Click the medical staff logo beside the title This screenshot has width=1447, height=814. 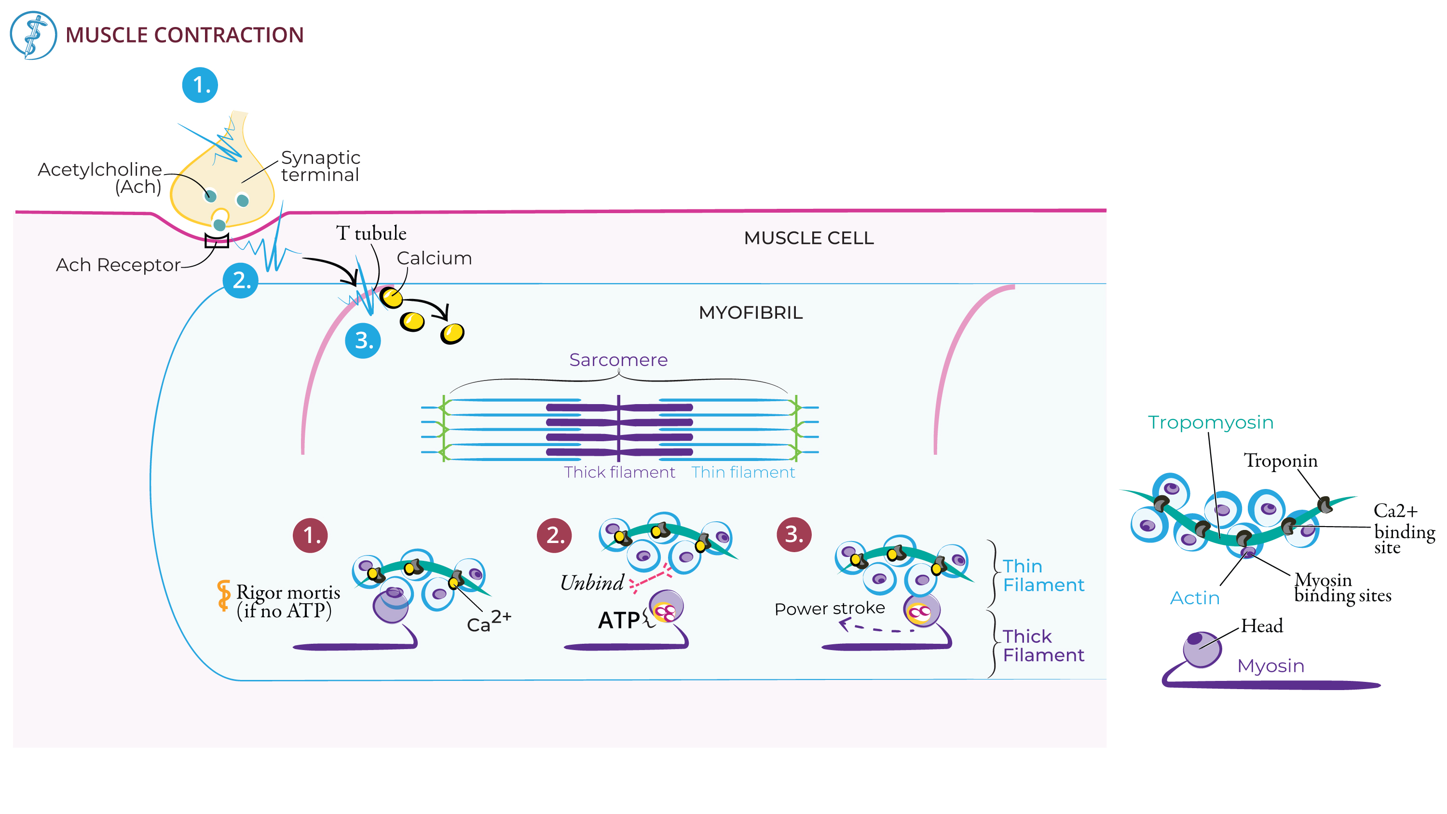[x=33, y=35]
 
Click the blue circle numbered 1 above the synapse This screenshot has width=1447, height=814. [x=200, y=85]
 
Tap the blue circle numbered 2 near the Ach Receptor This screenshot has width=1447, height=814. [x=240, y=280]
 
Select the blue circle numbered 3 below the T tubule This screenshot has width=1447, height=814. [x=363, y=340]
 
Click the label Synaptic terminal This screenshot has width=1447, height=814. [x=320, y=166]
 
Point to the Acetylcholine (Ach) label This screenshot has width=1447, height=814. [x=100, y=177]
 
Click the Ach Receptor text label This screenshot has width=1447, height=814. [x=118, y=265]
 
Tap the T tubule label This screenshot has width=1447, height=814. [x=371, y=233]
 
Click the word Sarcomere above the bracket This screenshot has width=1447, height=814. [x=618, y=360]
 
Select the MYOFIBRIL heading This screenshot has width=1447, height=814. [x=751, y=313]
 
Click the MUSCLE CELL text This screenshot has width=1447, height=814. [x=809, y=238]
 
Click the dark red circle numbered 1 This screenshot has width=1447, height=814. [x=310, y=535]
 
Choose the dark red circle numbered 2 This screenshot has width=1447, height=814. [x=554, y=535]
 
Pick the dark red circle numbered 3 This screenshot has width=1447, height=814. [x=794, y=534]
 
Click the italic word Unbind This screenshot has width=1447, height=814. [x=592, y=583]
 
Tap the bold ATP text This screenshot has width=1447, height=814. [x=619, y=621]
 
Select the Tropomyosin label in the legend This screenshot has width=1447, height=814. [x=1211, y=422]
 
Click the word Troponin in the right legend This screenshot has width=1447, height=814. [x=1280, y=461]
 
